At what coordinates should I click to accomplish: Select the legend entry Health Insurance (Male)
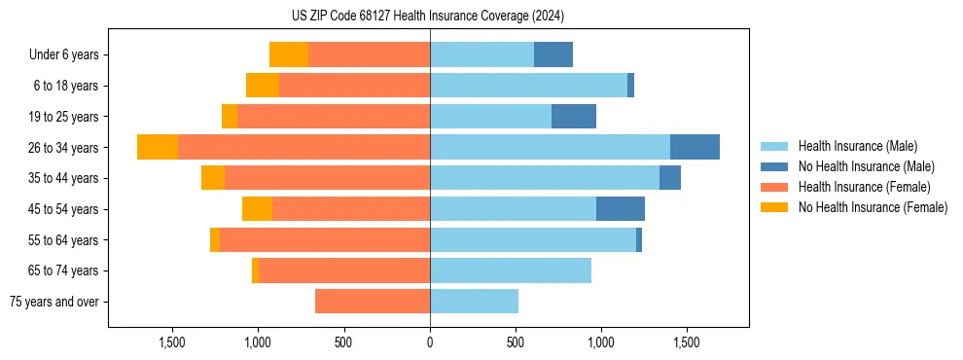[857, 146]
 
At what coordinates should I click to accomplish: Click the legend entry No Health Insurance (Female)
[873, 207]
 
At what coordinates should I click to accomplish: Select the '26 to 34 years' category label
[64, 148]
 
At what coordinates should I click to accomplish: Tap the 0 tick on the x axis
[430, 342]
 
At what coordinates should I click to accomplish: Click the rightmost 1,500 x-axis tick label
[687, 342]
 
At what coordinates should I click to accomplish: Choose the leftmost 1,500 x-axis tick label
[172, 342]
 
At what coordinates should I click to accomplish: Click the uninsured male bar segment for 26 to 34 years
[695, 147]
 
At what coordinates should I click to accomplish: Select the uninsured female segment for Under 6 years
[289, 54]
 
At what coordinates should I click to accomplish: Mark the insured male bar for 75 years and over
[474, 302]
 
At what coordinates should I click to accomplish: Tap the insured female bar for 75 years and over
[373, 302]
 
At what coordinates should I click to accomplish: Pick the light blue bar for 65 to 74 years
[511, 270]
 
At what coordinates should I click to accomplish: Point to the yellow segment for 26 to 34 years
[158, 147]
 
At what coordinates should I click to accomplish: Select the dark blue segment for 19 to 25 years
[574, 117]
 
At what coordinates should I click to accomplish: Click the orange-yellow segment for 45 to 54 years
[257, 209]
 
